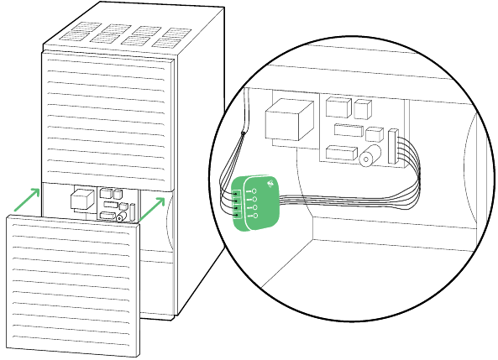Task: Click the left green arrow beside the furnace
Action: tap(28, 199)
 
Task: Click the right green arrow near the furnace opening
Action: tap(151, 210)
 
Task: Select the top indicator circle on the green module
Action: tap(254, 191)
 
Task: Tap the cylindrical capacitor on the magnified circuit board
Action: tap(367, 156)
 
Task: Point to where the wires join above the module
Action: tap(242, 133)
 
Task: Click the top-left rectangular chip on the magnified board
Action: tap(337, 107)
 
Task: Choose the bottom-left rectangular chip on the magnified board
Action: tap(339, 153)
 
